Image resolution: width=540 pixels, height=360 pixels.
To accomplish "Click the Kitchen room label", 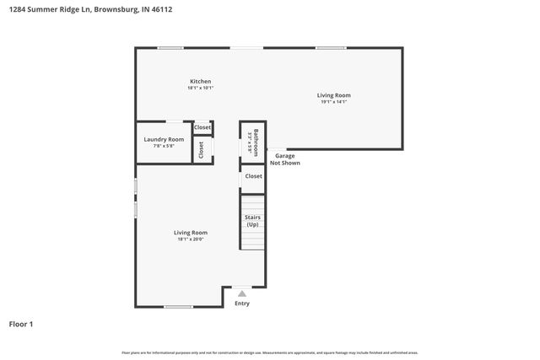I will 200,81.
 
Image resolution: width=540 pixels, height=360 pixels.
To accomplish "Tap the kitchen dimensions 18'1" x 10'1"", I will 200,88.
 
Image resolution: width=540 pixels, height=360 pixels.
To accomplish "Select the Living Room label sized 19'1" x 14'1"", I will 333,95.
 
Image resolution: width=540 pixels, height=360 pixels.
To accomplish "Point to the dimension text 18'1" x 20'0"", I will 191,239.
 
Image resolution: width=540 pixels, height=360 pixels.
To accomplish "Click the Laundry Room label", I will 164,139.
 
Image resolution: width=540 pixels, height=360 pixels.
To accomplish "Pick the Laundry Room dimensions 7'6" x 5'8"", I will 164,146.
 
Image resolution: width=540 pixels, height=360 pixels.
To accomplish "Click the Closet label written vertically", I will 202,150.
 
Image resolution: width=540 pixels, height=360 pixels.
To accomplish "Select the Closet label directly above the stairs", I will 253,176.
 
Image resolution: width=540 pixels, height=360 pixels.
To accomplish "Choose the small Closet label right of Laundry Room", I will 202,127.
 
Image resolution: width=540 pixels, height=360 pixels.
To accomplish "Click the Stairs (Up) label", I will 252,221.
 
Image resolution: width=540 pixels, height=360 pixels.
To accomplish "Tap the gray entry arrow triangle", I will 242,293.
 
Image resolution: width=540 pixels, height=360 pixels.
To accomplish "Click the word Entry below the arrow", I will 242,304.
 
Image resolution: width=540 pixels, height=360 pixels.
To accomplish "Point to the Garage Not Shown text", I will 285,159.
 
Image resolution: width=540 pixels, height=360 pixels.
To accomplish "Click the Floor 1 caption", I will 22,324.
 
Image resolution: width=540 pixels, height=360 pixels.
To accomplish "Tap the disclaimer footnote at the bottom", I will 270,352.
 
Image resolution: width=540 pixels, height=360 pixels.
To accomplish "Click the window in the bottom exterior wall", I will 178,307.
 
